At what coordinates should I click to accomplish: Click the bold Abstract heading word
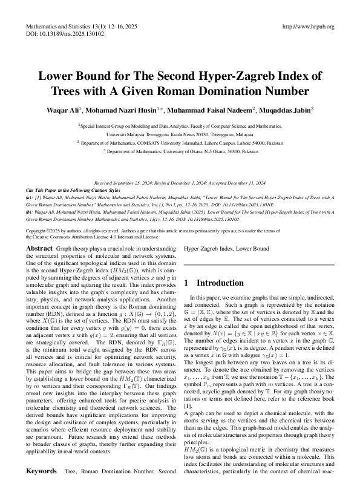tap(40, 248)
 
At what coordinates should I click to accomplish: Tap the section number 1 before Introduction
tap(186, 283)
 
